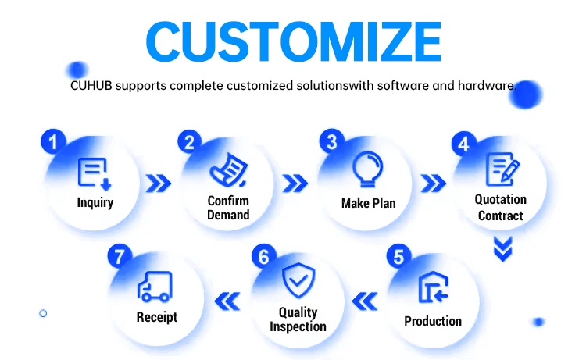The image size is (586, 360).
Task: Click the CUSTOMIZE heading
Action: (293, 41)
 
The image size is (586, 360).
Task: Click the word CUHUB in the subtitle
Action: (91, 86)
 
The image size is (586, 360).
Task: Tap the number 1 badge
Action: (53, 141)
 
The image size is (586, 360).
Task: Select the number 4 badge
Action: (464, 144)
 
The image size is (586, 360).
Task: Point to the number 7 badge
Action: (120, 256)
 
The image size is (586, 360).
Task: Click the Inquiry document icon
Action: (95, 173)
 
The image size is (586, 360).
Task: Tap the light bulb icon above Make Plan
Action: (368, 169)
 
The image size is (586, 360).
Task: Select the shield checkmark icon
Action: (298, 280)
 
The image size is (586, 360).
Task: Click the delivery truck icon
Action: (155, 287)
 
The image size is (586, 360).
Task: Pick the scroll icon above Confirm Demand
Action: (228, 170)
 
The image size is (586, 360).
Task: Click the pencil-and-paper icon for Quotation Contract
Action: (502, 169)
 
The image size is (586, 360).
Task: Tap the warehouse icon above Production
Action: (433, 287)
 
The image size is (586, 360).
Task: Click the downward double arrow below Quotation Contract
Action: (502, 248)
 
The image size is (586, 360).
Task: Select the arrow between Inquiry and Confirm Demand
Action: (159, 184)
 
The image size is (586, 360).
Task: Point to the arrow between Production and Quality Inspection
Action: (365, 301)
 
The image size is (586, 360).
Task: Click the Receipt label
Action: (157, 317)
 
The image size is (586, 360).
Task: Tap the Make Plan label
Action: (369, 203)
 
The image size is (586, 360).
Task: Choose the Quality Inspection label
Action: (298, 319)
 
